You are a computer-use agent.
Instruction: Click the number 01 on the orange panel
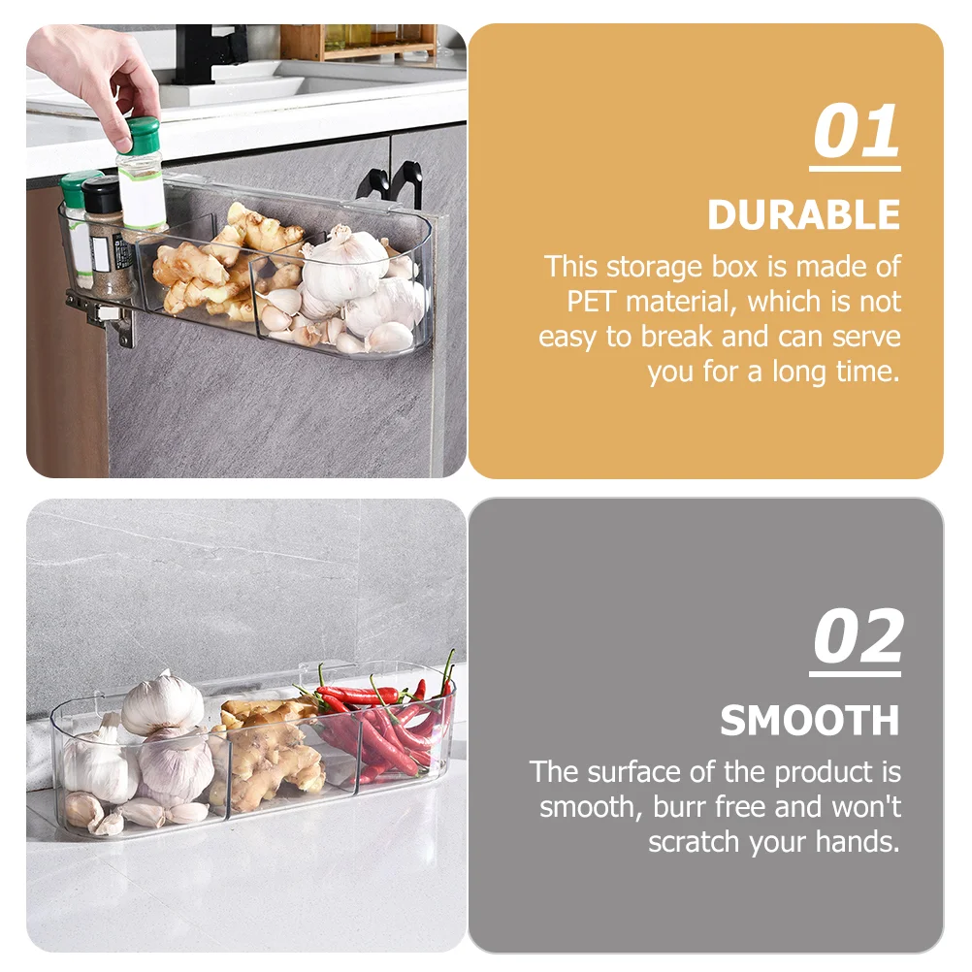[856, 131]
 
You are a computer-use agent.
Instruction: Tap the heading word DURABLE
[803, 215]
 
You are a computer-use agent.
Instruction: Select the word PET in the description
[590, 302]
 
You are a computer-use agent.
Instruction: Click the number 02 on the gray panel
[858, 636]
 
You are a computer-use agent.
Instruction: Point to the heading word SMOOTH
[810, 721]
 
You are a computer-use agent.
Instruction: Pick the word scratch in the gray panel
[694, 842]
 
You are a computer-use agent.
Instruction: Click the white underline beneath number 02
[855, 674]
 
